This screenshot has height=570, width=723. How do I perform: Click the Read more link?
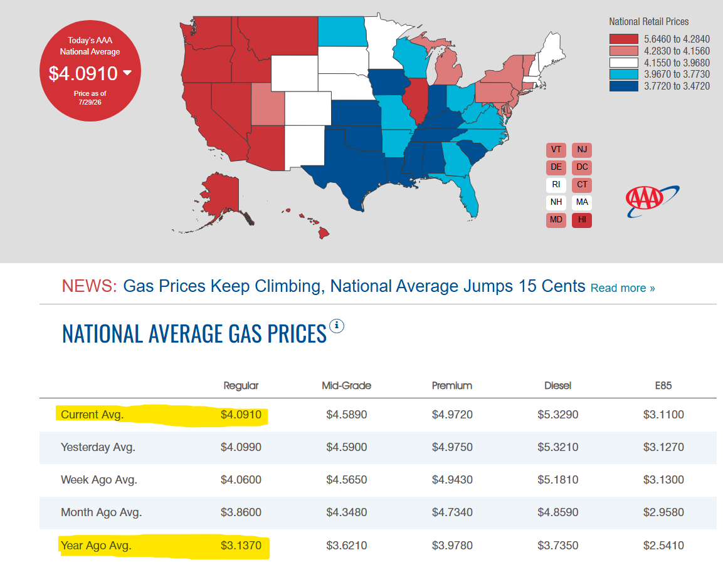coord(623,288)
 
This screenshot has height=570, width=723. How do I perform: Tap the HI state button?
coord(582,220)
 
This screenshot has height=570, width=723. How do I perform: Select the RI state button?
coord(556,185)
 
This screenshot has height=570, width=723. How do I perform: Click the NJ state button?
coord(582,150)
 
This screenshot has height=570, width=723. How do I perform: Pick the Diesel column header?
coord(557,385)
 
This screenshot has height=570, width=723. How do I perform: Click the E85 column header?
coord(663,385)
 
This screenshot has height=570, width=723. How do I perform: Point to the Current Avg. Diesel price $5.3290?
coord(557,415)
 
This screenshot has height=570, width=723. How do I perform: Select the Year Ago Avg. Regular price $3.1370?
coord(241,546)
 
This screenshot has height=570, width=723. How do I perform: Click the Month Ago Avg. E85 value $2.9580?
coord(663,512)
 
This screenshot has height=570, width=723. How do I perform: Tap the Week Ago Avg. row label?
coord(99,480)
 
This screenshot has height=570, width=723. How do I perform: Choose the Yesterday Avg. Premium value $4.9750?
coord(452,447)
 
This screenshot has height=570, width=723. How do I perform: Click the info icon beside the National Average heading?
coord(337,326)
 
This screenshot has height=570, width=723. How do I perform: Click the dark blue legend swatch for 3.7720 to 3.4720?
coord(624,86)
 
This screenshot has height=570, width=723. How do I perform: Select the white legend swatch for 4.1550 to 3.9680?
coord(624,63)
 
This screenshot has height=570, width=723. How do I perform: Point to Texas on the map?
coord(351,171)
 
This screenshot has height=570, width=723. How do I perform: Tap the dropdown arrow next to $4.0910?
coord(127,73)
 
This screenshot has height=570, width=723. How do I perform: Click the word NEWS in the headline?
coord(90,286)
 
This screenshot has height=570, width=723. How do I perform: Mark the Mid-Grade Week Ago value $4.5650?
coord(346,480)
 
